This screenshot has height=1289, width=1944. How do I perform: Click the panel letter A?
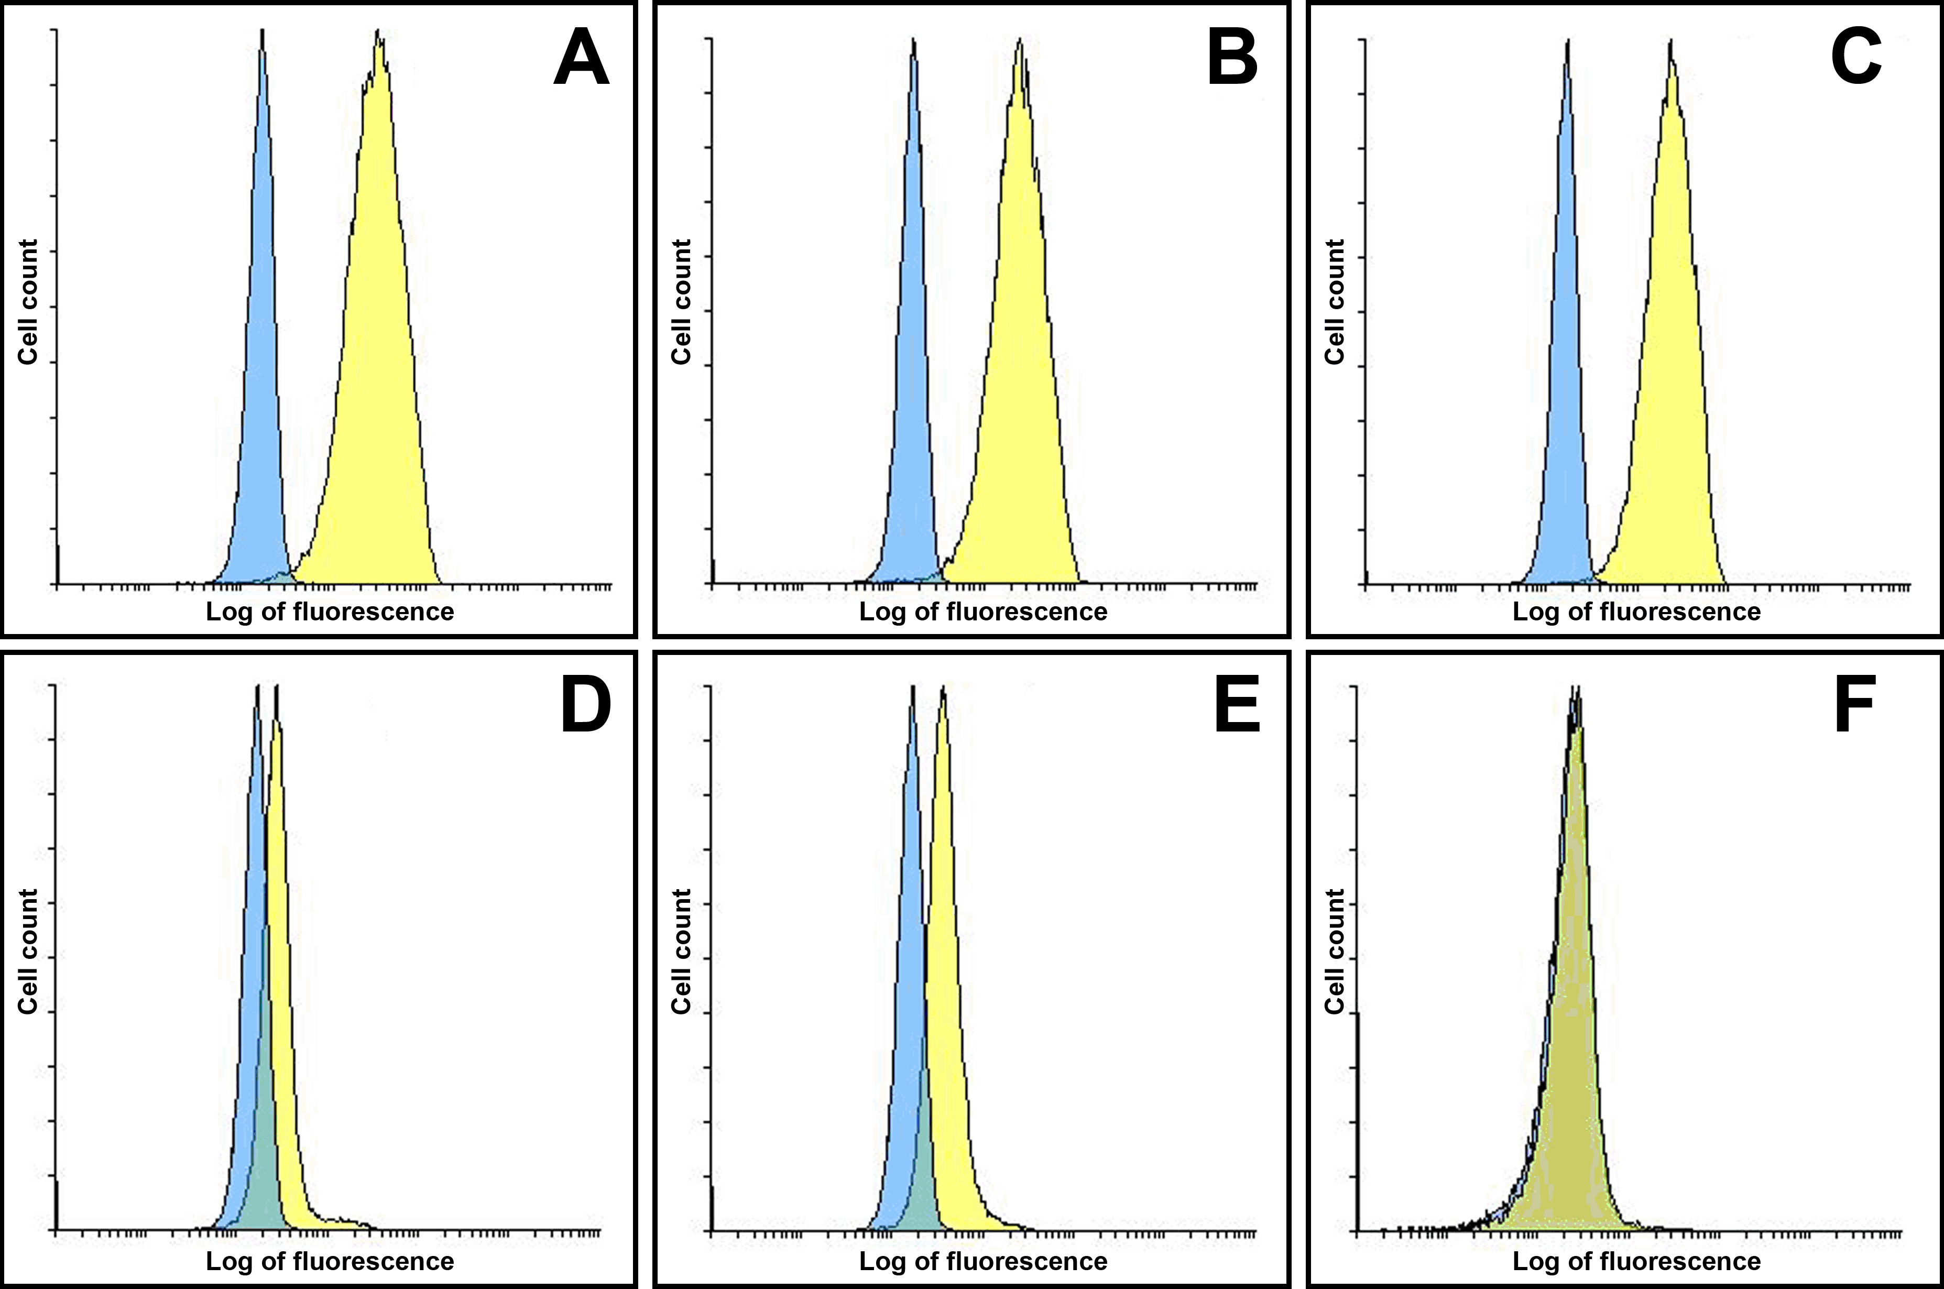coord(581,58)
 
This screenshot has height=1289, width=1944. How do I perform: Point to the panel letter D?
coord(585,705)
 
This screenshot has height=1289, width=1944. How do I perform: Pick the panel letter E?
coord(1237,705)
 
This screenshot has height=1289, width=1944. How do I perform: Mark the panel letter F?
coord(1854,705)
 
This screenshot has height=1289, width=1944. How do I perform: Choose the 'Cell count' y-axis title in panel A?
coord(28,302)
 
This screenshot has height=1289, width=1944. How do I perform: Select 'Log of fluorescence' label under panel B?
coord(982,611)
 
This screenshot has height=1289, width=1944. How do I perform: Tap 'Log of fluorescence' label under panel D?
coord(330,1261)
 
